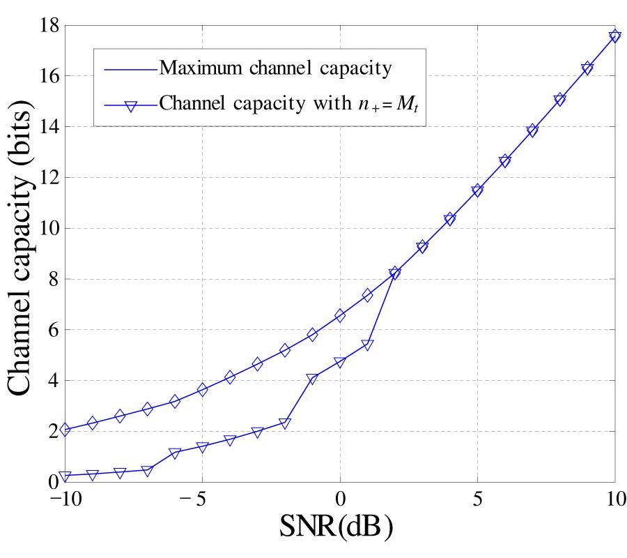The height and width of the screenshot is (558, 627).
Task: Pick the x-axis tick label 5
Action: tap(477, 500)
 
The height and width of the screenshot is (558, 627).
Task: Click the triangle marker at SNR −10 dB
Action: tap(65, 476)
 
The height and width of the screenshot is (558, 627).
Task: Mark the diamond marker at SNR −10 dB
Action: tap(65, 430)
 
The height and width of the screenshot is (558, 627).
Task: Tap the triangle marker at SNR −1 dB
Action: tap(312, 379)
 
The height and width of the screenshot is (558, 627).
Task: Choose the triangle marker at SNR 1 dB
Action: tap(367, 345)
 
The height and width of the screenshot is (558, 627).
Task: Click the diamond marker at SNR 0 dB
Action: tap(340, 316)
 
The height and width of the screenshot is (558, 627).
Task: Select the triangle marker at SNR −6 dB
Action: tap(175, 453)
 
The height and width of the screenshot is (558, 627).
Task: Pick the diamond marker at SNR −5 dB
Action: tap(203, 390)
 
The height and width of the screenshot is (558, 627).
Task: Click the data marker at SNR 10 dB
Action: tap(614, 36)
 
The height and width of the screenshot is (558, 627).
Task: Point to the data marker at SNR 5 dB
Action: tap(477, 190)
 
